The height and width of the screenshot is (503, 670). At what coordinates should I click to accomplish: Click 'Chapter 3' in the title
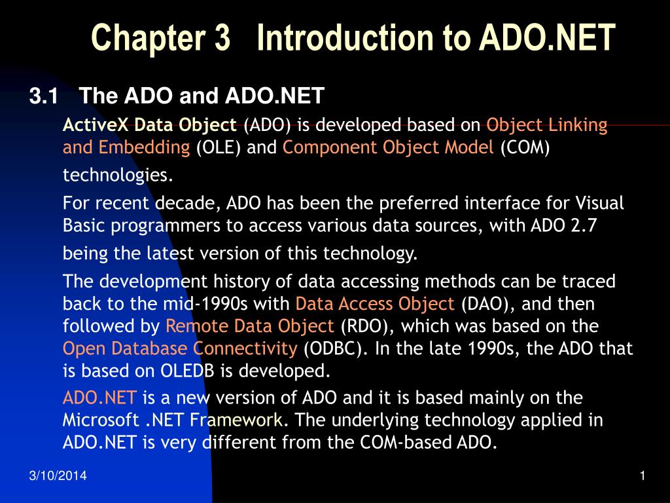tap(161, 37)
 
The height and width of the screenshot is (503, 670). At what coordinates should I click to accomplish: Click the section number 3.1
tap(44, 97)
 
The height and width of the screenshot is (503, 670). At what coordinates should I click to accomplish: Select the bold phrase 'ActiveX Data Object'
tap(150, 124)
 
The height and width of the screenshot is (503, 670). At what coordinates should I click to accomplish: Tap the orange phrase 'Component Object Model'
tap(388, 147)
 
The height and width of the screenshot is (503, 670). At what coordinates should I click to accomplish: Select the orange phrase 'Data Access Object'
tap(375, 304)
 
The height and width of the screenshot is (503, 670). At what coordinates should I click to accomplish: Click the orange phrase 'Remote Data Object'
tap(250, 326)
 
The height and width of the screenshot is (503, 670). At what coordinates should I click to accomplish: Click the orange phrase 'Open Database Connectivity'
tap(180, 348)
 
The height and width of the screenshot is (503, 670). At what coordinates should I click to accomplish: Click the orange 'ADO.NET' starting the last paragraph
tap(99, 398)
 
